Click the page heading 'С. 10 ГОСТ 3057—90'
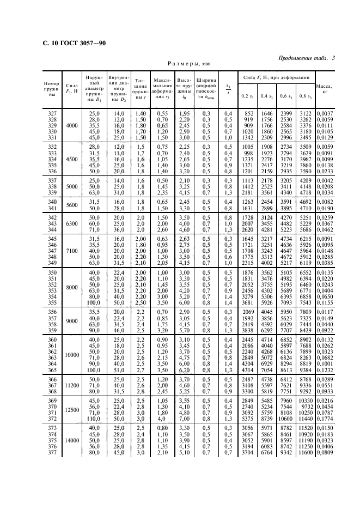pos(74,43)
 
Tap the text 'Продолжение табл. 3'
pos(306,58)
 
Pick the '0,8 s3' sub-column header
pos(306,96)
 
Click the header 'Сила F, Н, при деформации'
pos(276,78)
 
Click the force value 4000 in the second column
pos(71,126)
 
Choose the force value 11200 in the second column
pos(71,384)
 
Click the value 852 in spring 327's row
pos(248,113)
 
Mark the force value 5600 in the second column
pos(71,204)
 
